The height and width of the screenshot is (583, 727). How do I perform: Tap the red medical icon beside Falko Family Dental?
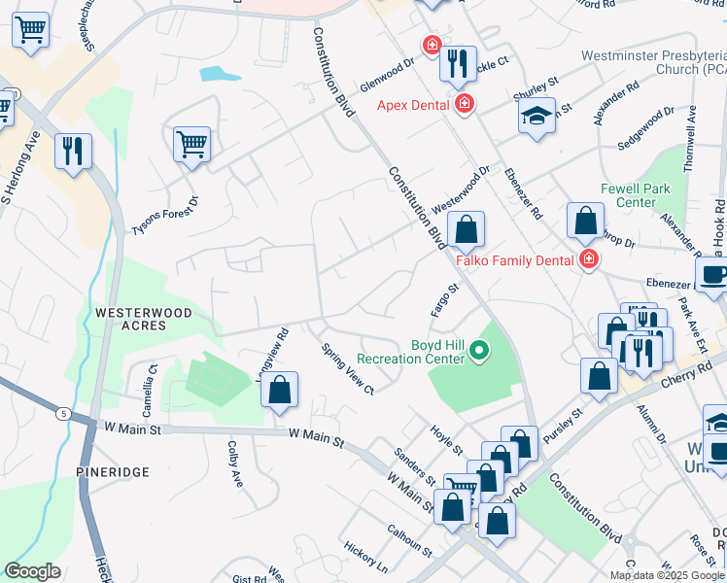click(x=589, y=258)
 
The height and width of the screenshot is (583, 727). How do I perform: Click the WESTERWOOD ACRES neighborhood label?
click(x=144, y=320)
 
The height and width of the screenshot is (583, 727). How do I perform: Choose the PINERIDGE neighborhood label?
click(x=113, y=471)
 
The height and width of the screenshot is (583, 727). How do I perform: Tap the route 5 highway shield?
click(x=63, y=414)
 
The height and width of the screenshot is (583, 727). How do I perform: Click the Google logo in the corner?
click(x=32, y=571)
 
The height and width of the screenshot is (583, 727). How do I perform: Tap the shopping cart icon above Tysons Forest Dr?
click(x=192, y=145)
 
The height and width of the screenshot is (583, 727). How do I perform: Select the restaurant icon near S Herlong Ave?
click(x=73, y=152)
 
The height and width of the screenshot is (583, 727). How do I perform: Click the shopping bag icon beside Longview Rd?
click(x=279, y=391)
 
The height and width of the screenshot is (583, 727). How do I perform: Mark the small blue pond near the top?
click(x=220, y=74)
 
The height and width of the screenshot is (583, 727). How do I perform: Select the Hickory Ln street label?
click(x=365, y=556)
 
